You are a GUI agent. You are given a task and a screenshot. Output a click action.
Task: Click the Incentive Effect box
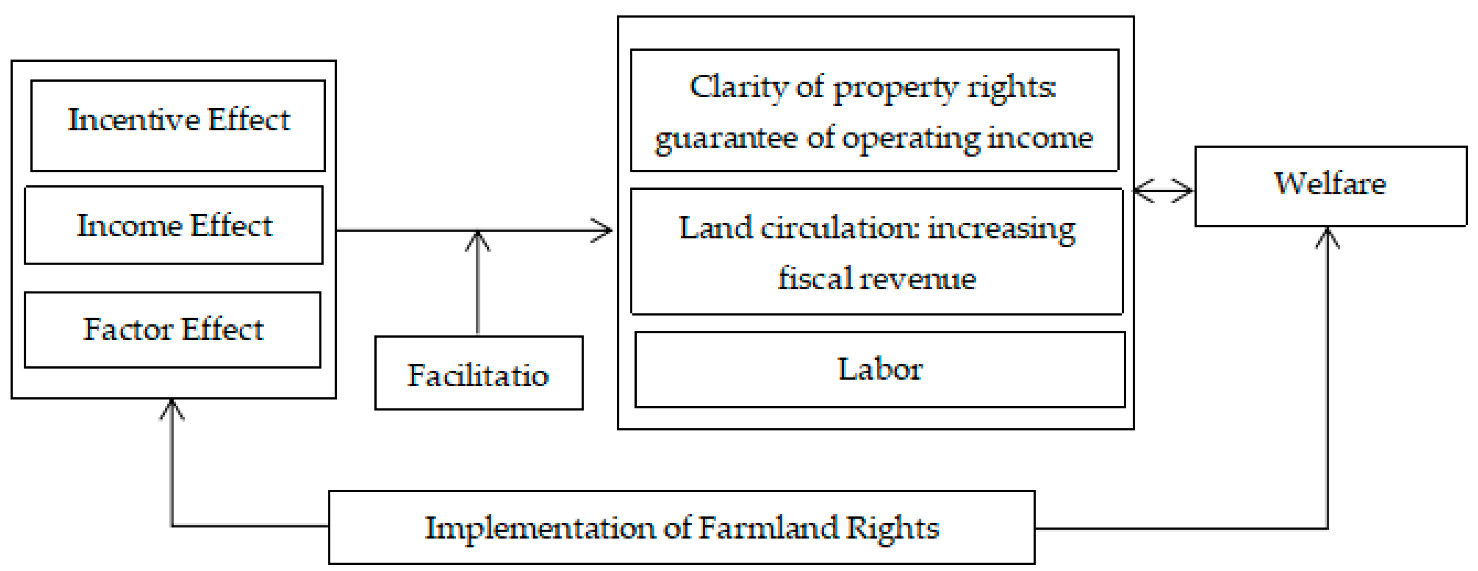pyautogui.click(x=178, y=125)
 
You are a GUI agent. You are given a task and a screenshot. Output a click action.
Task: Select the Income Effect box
pyautogui.click(x=174, y=225)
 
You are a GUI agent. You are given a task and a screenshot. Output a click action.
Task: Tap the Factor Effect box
pyautogui.click(x=173, y=329)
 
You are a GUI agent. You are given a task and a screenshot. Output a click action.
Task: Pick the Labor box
pyautogui.click(x=880, y=370)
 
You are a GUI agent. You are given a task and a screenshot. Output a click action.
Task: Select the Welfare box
pyautogui.click(x=1330, y=186)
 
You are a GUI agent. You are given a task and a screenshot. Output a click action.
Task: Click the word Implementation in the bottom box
pyautogui.click(x=539, y=528)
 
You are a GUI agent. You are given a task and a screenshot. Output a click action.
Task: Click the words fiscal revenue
pyautogui.click(x=877, y=280)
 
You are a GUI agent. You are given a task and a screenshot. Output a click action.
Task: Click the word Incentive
pyautogui.click(x=133, y=120)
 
